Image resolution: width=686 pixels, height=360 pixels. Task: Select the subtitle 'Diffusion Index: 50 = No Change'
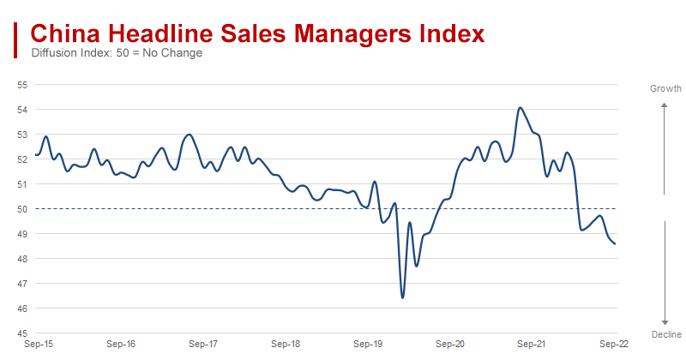pos(117,53)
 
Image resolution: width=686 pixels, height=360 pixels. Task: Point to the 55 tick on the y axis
pos(22,85)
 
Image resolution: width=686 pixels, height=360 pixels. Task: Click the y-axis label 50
pos(22,209)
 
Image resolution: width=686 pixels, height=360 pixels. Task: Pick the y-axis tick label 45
pos(22,333)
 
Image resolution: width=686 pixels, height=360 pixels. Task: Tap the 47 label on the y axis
pos(22,284)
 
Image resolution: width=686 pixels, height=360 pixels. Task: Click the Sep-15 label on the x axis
pos(38,345)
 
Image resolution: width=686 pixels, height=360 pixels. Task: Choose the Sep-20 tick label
pos(451,345)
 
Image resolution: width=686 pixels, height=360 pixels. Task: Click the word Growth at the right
pos(665,88)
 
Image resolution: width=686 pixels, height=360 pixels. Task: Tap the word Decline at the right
pos(665,334)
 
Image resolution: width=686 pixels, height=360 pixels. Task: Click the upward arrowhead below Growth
pos(665,105)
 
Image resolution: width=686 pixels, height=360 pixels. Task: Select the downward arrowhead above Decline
pos(665,317)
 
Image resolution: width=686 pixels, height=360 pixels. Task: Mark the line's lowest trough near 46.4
pos(402,297)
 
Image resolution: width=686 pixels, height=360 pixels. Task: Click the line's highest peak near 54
pos(520,108)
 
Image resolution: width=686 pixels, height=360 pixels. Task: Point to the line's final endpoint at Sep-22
pos(616,244)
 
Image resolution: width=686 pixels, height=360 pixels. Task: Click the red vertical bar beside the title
pos(16,39)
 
